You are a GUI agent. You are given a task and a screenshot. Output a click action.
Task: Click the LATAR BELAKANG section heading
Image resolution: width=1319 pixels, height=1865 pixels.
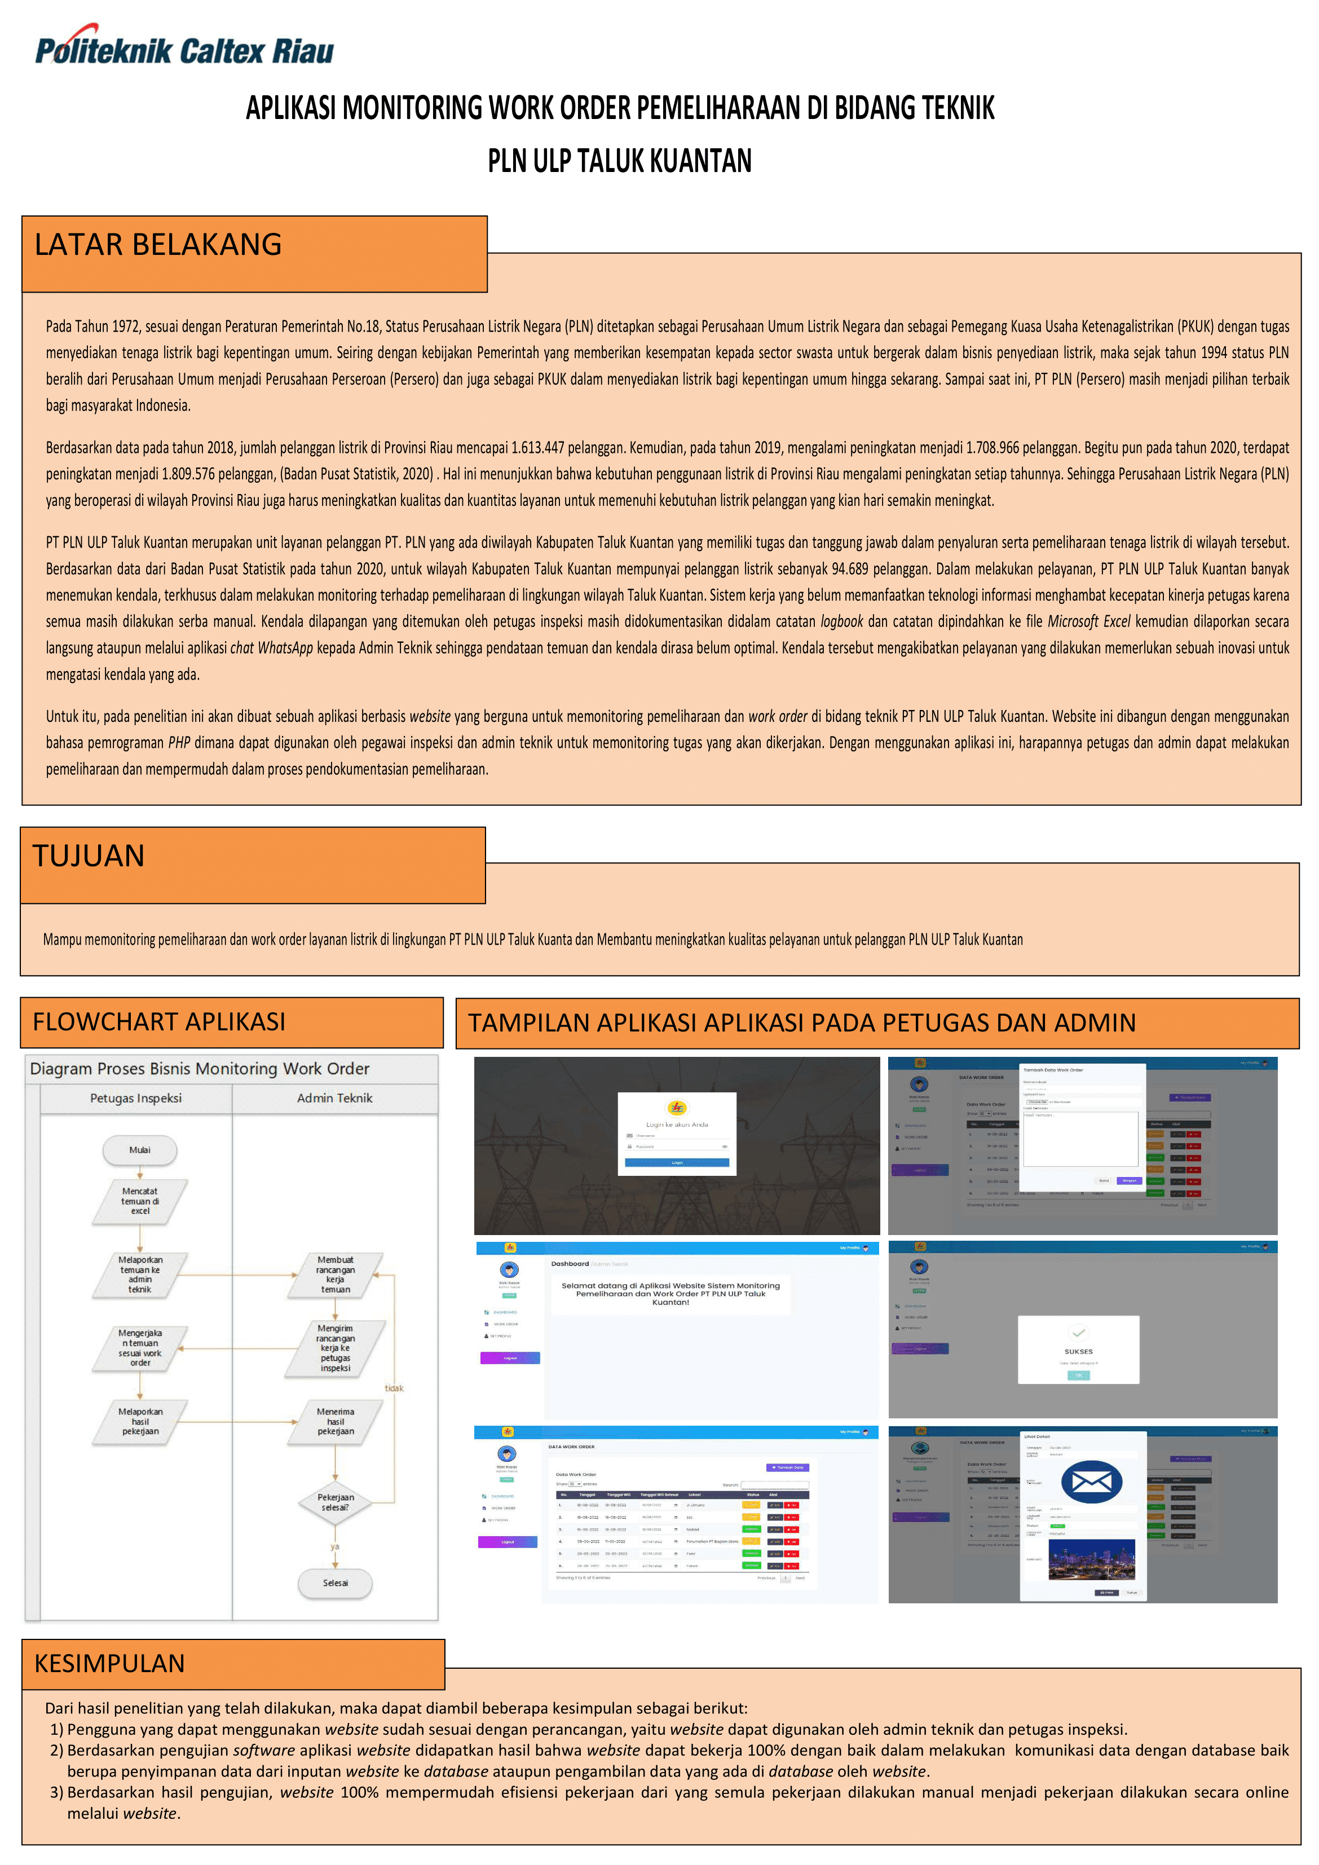coord(158,245)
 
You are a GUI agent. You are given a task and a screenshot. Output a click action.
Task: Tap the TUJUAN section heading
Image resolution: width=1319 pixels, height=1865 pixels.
coord(89,856)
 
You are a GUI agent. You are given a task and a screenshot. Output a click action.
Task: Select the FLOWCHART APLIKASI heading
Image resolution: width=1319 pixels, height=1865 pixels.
coord(159,1022)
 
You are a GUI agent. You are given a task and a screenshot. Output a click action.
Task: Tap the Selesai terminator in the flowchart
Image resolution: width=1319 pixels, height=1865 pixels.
coord(336,1582)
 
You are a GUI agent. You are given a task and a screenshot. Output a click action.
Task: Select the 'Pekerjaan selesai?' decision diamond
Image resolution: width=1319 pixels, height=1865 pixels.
coord(336,1502)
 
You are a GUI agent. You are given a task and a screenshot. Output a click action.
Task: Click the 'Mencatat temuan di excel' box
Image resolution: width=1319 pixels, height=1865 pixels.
coord(140,1201)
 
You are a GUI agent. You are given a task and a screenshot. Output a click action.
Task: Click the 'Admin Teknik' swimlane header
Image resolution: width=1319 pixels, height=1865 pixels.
coord(334,1098)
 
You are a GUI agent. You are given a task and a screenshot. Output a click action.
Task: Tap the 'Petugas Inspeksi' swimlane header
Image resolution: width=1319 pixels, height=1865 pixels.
coord(136,1098)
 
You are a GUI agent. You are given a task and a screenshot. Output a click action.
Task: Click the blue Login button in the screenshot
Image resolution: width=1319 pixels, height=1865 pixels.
coord(677,1162)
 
